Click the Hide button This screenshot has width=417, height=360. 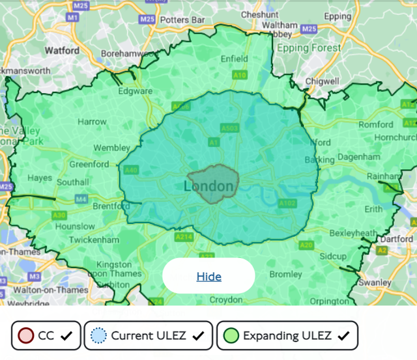point(208,277)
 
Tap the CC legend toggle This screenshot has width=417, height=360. point(46,336)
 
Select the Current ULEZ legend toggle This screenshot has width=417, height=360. point(148,336)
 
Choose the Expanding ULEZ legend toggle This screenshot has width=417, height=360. point(287,336)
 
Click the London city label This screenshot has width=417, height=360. point(208,187)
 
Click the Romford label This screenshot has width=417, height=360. point(377,124)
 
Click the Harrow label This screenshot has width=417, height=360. point(92,122)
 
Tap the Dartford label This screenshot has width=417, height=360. point(396,239)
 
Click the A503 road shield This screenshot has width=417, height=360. point(229,128)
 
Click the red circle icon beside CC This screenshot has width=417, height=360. point(25,336)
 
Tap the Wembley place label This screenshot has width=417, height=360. point(111,148)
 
